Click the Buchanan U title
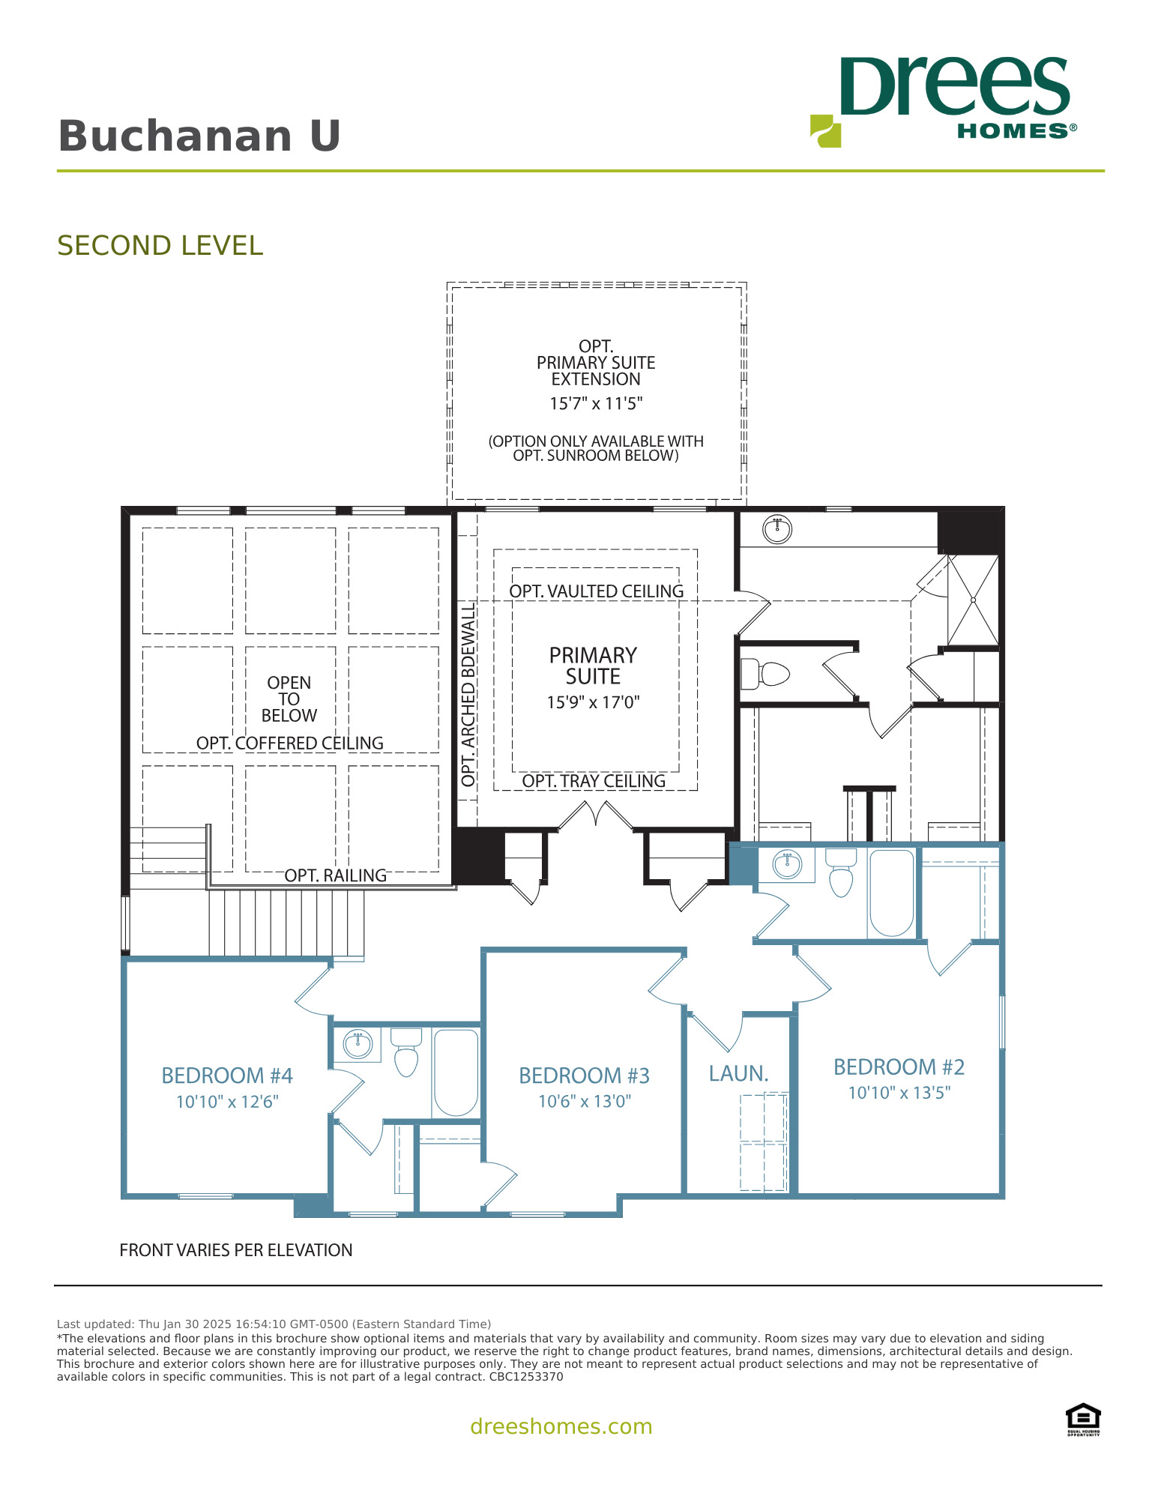point(199,136)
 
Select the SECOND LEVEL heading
point(160,246)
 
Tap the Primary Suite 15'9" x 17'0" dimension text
point(593,702)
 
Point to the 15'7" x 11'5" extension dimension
point(596,404)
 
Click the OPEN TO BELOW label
point(289,699)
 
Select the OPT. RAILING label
point(335,875)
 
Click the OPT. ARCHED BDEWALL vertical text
point(468,696)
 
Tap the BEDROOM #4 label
point(227,1076)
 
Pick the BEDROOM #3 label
point(584,1076)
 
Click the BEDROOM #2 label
point(899,1067)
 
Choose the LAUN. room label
point(739,1074)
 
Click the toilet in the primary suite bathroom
point(766,673)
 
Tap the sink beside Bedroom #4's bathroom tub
point(358,1043)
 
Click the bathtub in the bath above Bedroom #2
point(891,892)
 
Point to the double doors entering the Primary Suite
point(596,815)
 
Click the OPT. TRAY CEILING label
point(594,781)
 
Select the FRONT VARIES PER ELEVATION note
point(236,1250)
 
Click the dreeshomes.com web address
point(561,1426)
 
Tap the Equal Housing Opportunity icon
point(1083,1419)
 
